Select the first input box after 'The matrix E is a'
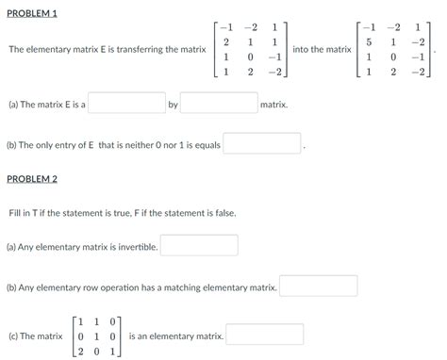coord(126,104)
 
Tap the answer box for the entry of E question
coord(262,144)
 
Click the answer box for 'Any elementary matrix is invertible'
coord(199,246)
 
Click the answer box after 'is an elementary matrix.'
coord(264,335)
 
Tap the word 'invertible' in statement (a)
coord(135,247)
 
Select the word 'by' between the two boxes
coord(173,105)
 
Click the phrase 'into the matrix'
coord(323,49)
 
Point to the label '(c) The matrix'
coord(34,335)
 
